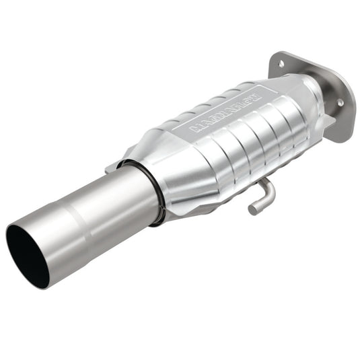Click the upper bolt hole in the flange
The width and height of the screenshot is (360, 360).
281,64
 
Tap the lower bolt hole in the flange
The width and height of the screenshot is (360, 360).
339,102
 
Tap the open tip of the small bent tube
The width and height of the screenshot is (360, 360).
252,210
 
